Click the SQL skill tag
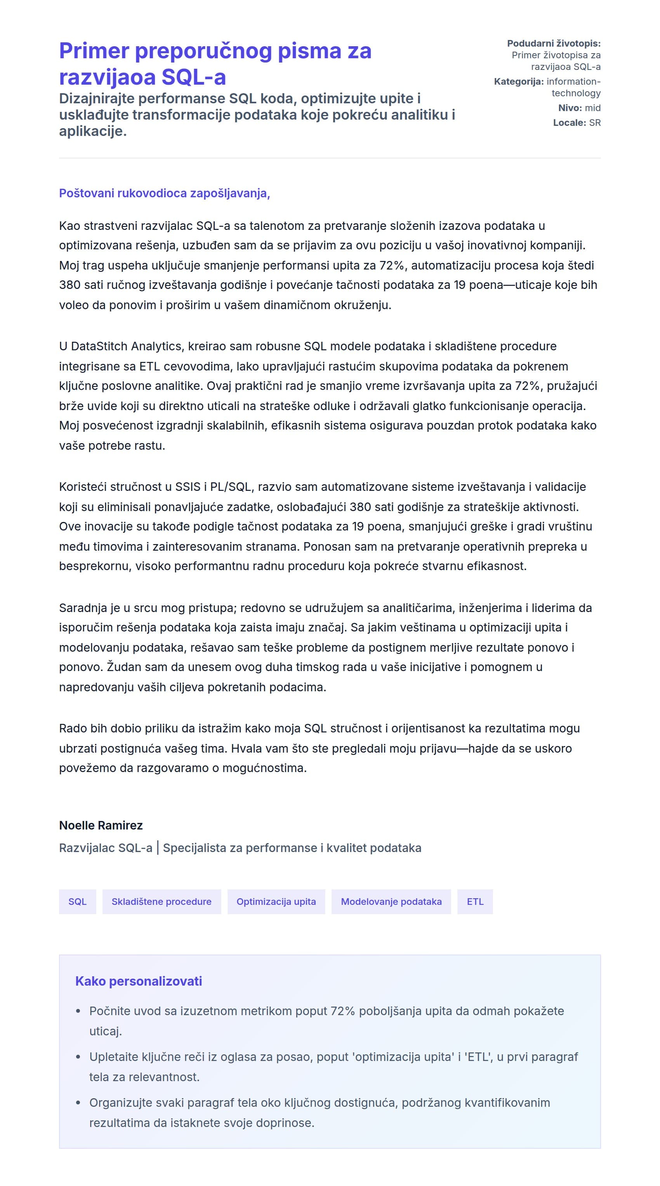click(x=77, y=901)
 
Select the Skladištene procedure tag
click(x=162, y=901)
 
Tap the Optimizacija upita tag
click(x=276, y=901)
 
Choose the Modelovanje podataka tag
click(x=391, y=901)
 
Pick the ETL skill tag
click(x=475, y=901)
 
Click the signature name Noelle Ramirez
click(x=101, y=826)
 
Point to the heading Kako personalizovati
click(x=139, y=981)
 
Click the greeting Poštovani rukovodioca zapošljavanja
click(x=164, y=193)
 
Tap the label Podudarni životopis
click(x=554, y=43)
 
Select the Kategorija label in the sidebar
click(x=519, y=82)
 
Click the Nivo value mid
click(x=593, y=108)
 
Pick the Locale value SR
click(x=595, y=122)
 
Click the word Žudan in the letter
click(x=122, y=667)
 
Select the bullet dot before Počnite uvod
click(x=78, y=1012)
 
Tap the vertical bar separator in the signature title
click(x=158, y=848)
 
